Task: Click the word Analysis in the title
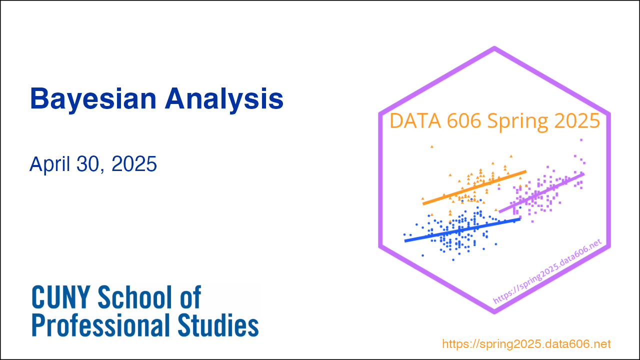[224, 99]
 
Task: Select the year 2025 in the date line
[134, 164]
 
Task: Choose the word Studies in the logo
[218, 325]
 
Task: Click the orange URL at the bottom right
[526, 343]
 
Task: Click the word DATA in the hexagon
[415, 121]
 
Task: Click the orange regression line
[474, 187]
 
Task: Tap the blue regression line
[462, 230]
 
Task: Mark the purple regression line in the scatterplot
[541, 193]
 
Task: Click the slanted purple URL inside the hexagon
[547, 271]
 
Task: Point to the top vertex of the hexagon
[494, 47]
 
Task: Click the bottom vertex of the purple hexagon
[494, 312]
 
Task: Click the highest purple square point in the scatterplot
[581, 140]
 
